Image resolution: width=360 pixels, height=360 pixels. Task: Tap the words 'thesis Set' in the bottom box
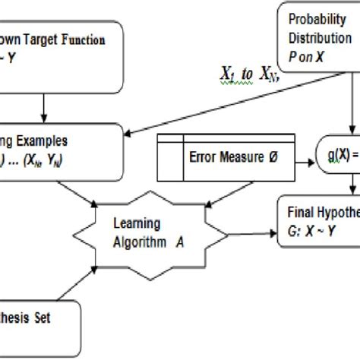27,318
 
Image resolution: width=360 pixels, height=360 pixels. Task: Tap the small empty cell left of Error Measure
169,154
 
